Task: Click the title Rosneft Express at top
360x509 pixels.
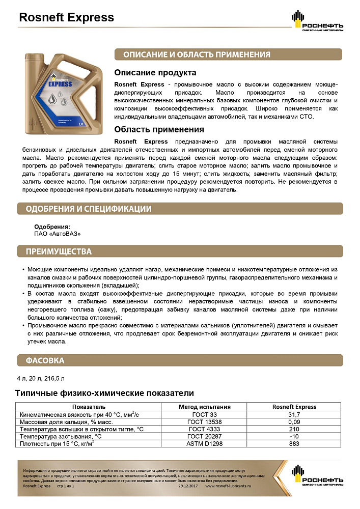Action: [x=66, y=18]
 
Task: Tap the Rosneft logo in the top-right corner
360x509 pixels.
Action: [x=316, y=21]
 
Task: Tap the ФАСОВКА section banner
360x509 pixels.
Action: [x=45, y=361]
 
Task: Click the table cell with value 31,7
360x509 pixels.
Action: [x=294, y=414]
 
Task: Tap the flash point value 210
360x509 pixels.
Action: [x=294, y=429]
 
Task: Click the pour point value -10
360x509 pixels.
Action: [x=294, y=436]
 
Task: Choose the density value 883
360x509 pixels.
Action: [x=294, y=444]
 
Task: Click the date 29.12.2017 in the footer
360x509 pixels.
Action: [x=189, y=486]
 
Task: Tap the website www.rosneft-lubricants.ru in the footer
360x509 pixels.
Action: [x=229, y=486]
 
